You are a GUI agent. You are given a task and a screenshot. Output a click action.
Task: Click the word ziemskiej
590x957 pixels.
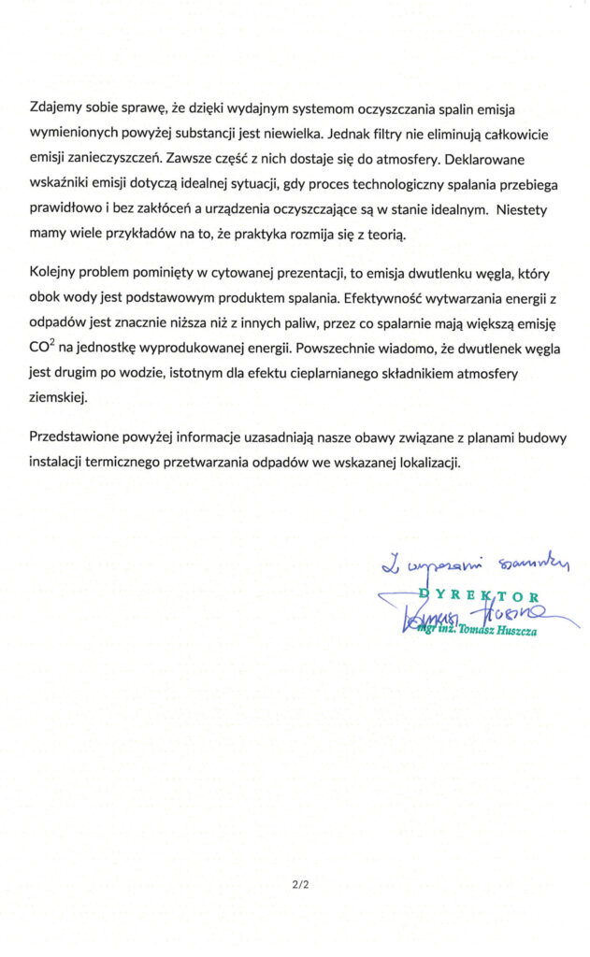pos(58,397)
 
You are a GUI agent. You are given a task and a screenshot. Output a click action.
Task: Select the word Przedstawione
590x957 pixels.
pos(78,436)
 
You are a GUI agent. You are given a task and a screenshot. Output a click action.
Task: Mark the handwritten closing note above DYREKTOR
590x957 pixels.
pos(481,564)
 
